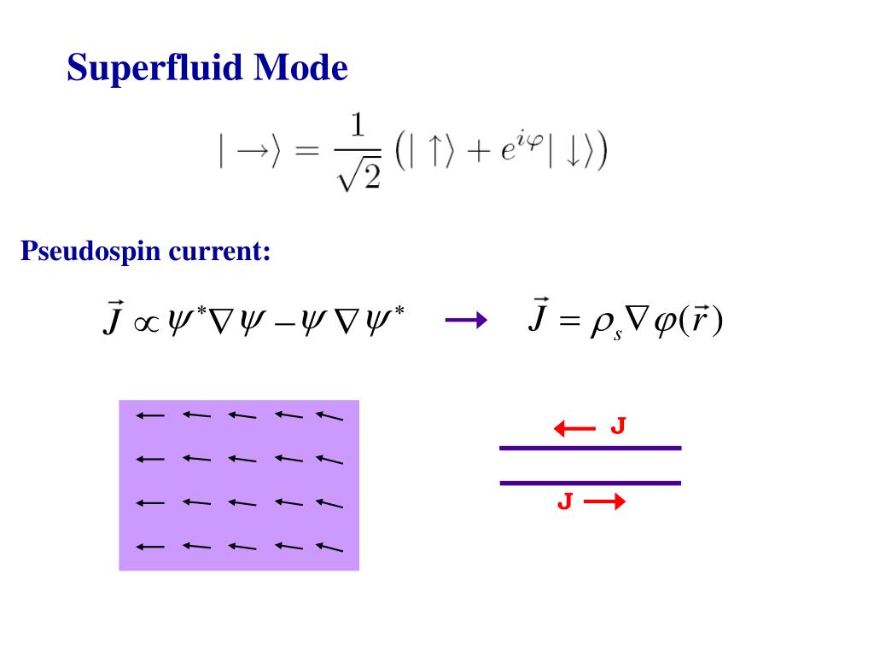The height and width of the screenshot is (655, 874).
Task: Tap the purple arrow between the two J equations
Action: click(465, 321)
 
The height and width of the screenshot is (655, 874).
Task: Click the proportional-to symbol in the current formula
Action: click(137, 325)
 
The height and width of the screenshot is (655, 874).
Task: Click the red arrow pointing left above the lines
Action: click(574, 428)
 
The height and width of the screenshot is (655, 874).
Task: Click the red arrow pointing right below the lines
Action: click(605, 502)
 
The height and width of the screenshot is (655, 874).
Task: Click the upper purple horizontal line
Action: click(590, 448)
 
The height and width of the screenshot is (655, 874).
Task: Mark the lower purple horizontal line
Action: click(590, 483)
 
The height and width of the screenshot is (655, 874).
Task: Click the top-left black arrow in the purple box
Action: click(149, 415)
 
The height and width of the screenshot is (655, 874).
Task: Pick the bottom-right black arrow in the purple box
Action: click(329, 547)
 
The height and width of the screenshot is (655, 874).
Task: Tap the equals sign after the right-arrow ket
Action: click(301, 152)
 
